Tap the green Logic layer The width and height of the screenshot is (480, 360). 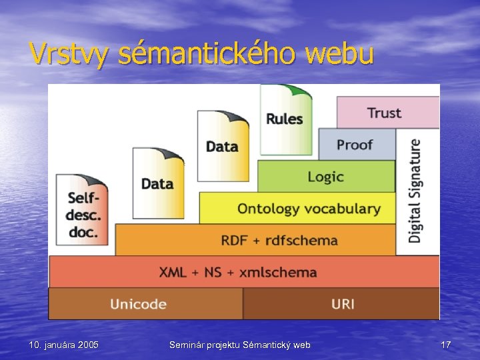pos(325,177)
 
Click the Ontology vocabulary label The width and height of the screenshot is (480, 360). pos(309,209)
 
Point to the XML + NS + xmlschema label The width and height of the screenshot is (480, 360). pos(238,272)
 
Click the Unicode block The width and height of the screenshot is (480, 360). pos(139,304)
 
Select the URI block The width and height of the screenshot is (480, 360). pos(343,304)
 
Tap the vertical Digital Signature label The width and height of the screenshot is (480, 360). pos(415,190)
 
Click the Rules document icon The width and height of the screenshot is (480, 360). pos(285,119)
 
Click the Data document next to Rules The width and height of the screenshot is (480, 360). pos(222,146)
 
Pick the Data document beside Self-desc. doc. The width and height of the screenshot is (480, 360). pos(157,183)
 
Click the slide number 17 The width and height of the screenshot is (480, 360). pos(446,345)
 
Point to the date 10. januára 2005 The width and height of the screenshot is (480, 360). pos(64,345)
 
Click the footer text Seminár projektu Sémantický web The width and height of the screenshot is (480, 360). pos(240,345)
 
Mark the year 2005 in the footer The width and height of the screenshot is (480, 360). pos(88,345)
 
